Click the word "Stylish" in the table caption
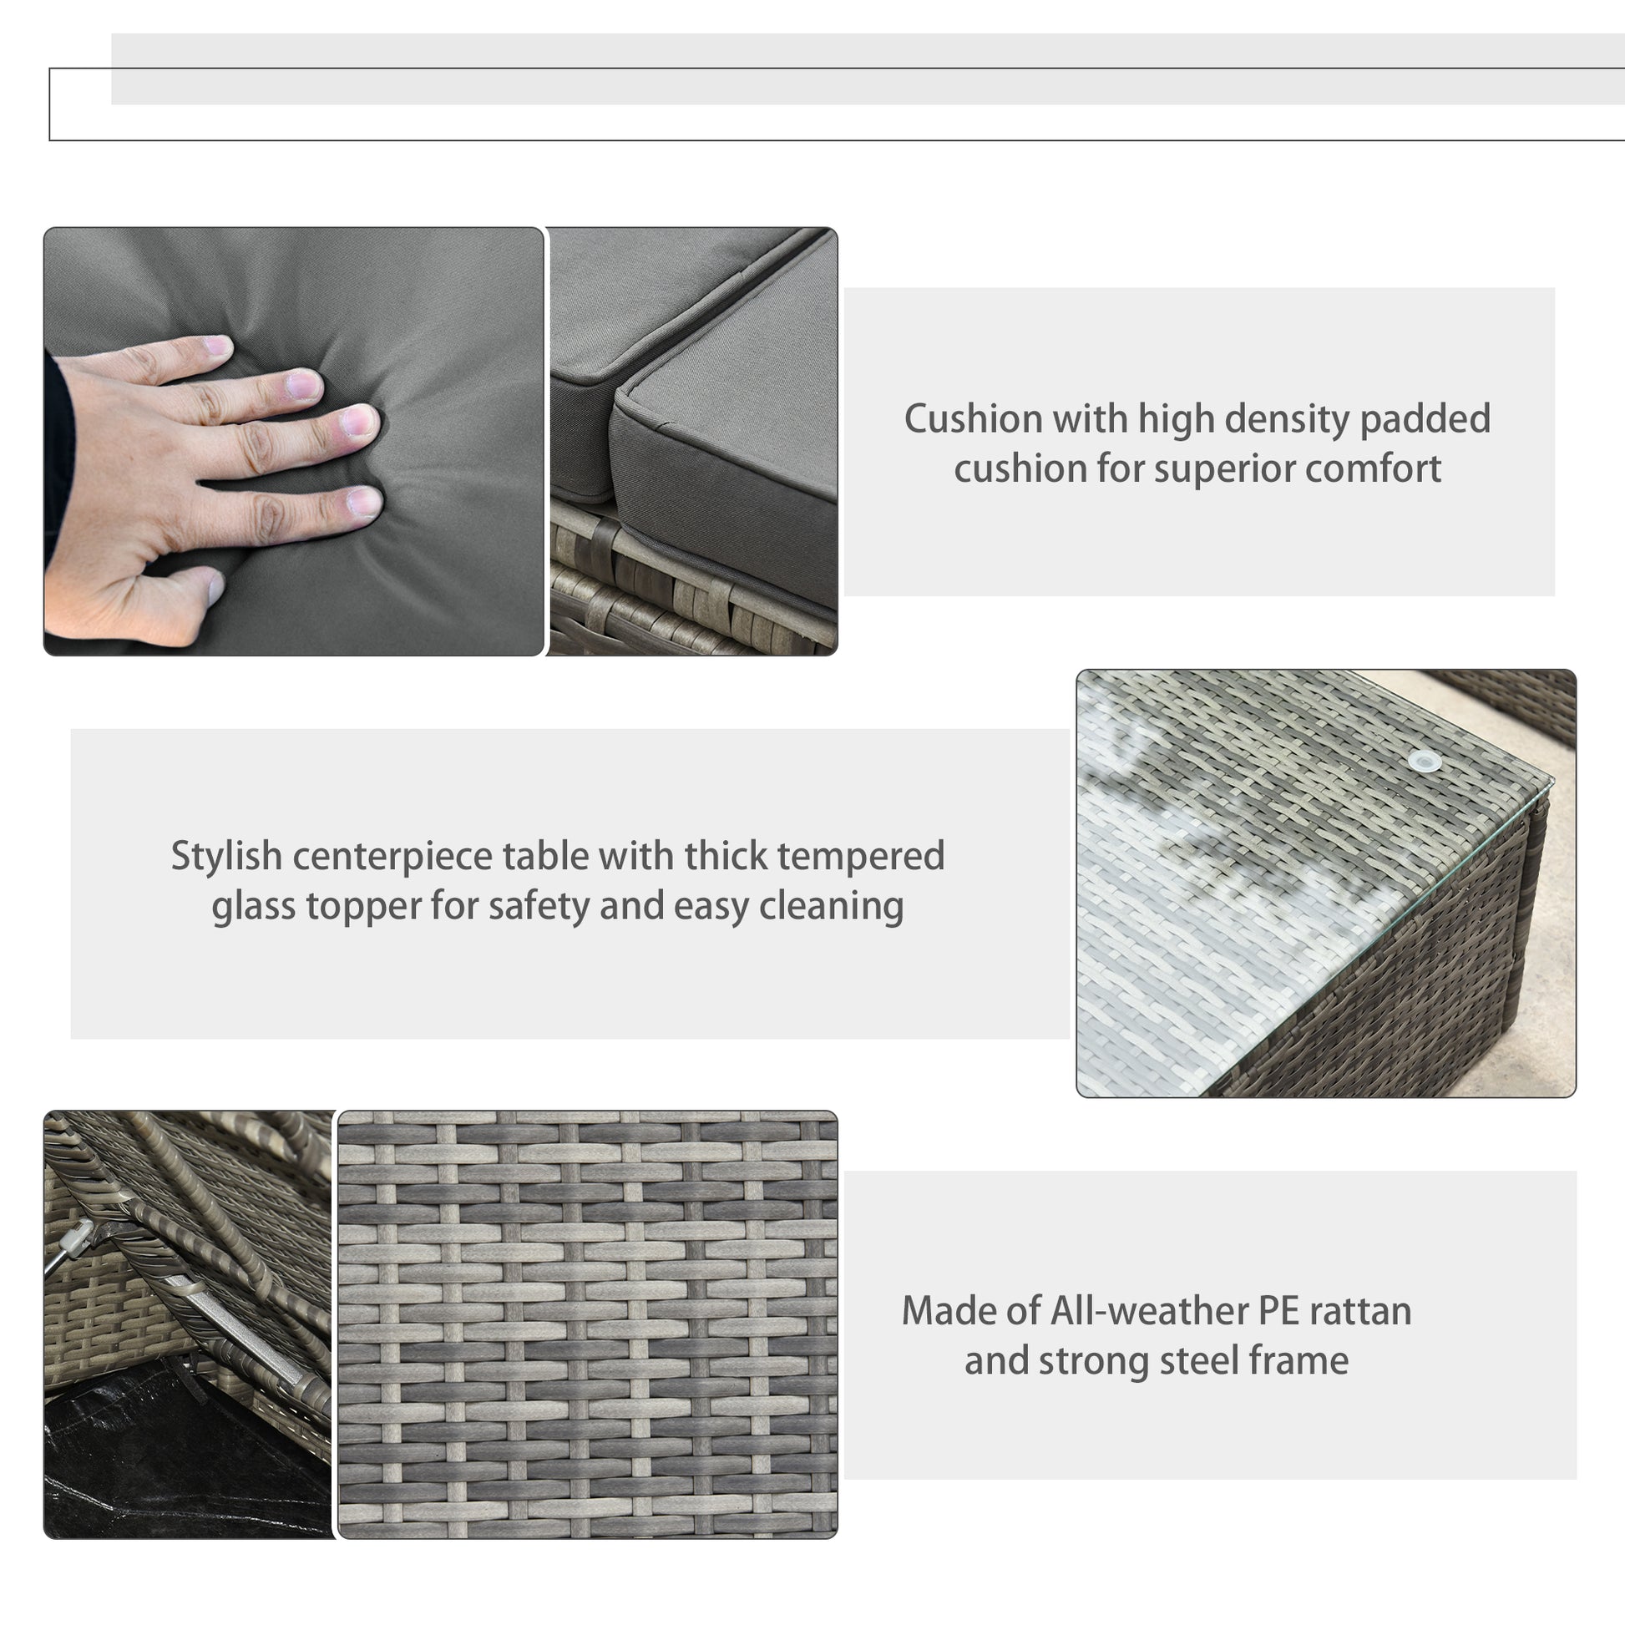(x=226, y=857)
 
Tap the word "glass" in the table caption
(x=254, y=907)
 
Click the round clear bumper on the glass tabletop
(x=1424, y=761)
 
